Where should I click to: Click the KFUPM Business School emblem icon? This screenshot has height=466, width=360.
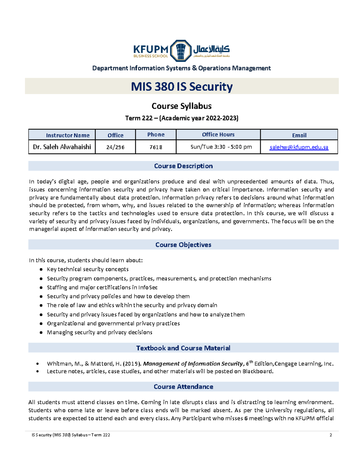click(x=181, y=51)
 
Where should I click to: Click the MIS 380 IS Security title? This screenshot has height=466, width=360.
click(x=182, y=87)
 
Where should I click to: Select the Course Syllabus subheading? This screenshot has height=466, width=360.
click(x=181, y=106)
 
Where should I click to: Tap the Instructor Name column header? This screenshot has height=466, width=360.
click(x=68, y=135)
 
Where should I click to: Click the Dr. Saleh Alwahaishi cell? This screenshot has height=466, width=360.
click(x=62, y=147)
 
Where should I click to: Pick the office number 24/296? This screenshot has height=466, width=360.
click(x=115, y=147)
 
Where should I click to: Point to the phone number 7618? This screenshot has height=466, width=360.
click(x=156, y=147)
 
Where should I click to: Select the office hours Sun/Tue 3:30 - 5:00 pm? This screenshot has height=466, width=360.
click(x=221, y=147)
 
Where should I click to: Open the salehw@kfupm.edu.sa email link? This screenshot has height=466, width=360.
click(x=299, y=147)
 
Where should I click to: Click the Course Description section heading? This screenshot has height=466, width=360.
click(x=183, y=166)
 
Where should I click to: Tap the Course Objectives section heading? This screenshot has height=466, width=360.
click(x=183, y=245)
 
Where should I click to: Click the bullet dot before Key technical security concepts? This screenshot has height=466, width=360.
click(x=41, y=269)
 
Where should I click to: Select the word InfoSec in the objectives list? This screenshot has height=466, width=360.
click(x=148, y=287)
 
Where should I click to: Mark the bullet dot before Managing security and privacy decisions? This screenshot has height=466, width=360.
click(x=41, y=332)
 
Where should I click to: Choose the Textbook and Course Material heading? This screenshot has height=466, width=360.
click(x=183, y=348)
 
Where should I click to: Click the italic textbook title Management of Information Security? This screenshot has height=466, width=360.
click(x=193, y=364)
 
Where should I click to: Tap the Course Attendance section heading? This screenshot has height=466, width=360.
click(x=183, y=387)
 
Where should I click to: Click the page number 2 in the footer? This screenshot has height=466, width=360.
click(x=331, y=435)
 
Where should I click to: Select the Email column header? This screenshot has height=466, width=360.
click(x=299, y=135)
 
